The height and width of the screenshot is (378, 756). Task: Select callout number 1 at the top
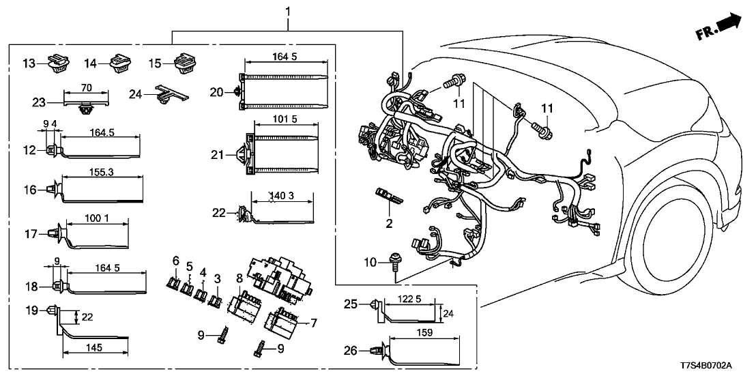pyautogui.click(x=288, y=12)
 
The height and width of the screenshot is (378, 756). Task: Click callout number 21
pyautogui.click(x=216, y=156)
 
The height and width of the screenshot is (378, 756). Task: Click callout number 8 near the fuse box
pyautogui.click(x=238, y=278)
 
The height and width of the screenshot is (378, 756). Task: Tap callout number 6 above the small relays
pyautogui.click(x=175, y=260)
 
